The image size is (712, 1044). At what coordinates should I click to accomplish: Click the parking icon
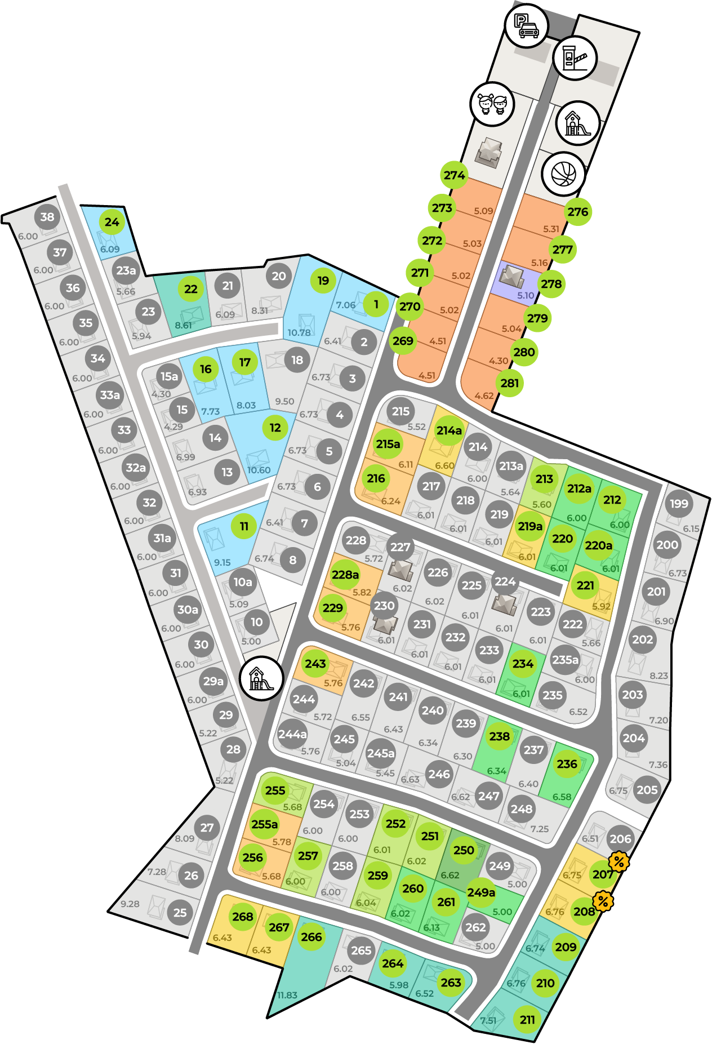coord(526,25)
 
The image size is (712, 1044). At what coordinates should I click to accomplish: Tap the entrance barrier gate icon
coord(575,57)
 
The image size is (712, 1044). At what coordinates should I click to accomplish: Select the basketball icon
coord(563,174)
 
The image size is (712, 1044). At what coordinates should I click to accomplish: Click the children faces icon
coord(492,104)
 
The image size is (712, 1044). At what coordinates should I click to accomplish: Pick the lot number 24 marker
coord(112,222)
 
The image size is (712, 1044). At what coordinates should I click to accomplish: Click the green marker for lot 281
coord(509,383)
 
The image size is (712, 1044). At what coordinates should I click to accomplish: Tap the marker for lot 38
coord(47,217)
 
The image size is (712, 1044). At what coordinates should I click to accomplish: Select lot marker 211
coord(527,1019)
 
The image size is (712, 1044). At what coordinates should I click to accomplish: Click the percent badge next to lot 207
coord(618,861)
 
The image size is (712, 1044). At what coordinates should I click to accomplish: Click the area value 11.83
coord(287,995)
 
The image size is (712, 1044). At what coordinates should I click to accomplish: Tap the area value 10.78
coord(299,332)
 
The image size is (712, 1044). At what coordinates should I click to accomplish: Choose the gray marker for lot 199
coord(679,504)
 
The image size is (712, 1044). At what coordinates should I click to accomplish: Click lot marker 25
coord(180,912)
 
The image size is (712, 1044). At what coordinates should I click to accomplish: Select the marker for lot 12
coord(275,428)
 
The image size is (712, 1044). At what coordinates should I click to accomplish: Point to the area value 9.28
coord(130,904)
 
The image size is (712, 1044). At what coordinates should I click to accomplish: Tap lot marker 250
coord(464,850)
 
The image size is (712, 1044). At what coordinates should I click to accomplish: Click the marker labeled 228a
coord(345,574)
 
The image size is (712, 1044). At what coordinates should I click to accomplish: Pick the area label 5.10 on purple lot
coord(525,295)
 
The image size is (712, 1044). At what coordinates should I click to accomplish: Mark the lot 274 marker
coord(454,175)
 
